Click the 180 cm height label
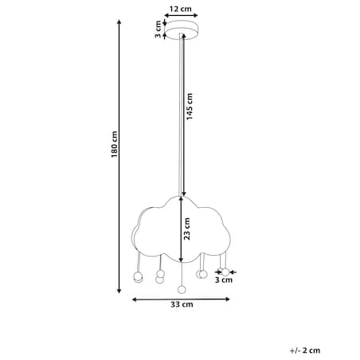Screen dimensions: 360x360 click(x=114, y=144)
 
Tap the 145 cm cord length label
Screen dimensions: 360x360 click(x=190, y=107)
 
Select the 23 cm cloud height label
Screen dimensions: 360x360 click(x=187, y=229)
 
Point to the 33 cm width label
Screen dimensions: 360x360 click(x=182, y=304)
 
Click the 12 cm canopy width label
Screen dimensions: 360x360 click(x=181, y=9)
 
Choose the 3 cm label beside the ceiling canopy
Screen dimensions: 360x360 click(x=158, y=29)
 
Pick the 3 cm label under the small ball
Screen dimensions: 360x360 click(x=224, y=280)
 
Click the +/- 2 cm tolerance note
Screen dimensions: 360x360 click(x=305, y=350)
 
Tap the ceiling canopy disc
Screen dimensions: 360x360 click(x=182, y=30)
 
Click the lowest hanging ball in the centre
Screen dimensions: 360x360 click(x=182, y=290)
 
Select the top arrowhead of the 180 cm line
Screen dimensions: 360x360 click(x=119, y=22)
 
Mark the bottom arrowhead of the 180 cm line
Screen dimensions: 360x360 click(x=119, y=291)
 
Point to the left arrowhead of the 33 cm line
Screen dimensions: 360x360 click(x=135, y=299)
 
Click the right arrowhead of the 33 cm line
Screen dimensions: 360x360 click(x=227, y=299)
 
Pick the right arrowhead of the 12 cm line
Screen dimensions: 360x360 click(x=195, y=15)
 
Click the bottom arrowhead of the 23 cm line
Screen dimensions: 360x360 click(x=181, y=260)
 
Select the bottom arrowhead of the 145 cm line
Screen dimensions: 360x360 click(x=184, y=194)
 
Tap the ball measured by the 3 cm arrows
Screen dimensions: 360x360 click(x=225, y=272)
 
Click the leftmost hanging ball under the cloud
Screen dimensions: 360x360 click(x=138, y=277)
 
